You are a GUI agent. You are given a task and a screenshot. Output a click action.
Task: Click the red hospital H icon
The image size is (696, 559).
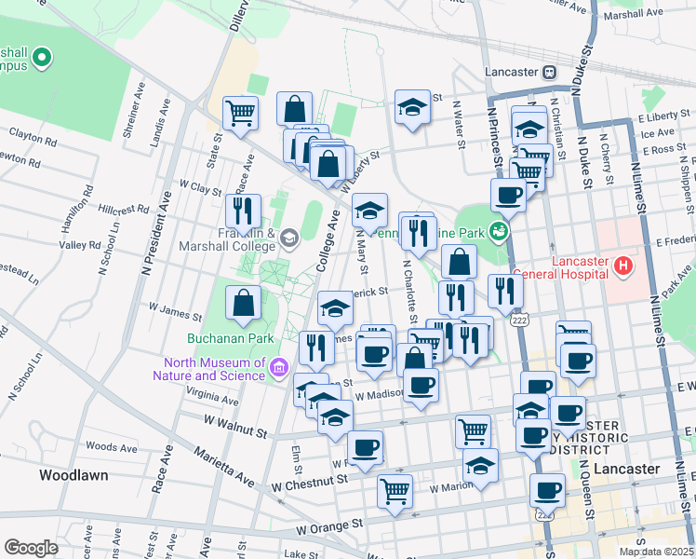point(622,268)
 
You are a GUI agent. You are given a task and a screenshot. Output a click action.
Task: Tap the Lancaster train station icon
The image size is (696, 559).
point(550,72)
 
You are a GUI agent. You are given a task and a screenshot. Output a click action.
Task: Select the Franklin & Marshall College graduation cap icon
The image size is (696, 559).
point(288,239)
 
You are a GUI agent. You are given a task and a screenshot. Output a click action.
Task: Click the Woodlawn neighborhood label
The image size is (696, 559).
point(74,475)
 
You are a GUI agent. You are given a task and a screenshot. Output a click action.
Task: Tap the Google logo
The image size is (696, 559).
point(31,547)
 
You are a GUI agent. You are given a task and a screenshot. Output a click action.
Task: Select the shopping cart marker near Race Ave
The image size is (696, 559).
point(240,113)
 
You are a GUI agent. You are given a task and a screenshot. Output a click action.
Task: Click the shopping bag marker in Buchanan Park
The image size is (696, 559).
point(243,303)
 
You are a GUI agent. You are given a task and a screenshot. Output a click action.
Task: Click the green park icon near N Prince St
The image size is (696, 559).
point(500,230)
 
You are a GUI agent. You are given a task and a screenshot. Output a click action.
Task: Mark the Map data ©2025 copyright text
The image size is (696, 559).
point(655,551)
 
